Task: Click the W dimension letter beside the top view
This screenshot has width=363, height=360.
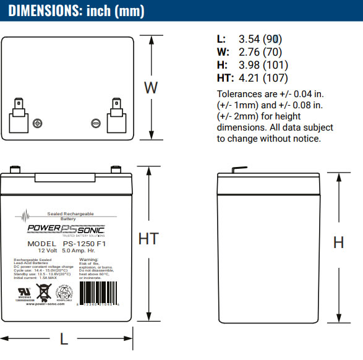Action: click(151, 88)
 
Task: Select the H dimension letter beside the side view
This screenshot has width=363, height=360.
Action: click(338, 242)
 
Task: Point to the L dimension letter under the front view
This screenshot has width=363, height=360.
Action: click(64, 338)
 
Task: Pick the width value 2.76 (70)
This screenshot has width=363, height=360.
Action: click(258, 53)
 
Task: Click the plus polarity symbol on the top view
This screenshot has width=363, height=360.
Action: click(38, 123)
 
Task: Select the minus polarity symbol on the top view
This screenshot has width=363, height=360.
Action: click(96, 123)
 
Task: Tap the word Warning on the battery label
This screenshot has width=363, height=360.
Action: click(89, 259)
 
